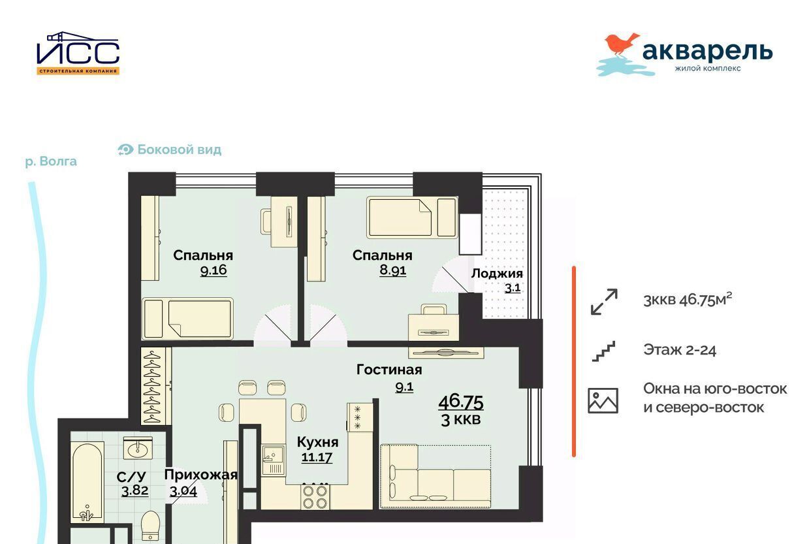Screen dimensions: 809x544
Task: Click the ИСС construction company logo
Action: (78, 53)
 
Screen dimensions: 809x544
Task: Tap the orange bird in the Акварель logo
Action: (620, 44)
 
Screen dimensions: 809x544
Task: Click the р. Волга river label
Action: (51, 161)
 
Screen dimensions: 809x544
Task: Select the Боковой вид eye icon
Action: (125, 150)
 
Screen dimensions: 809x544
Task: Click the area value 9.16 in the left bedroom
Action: (214, 270)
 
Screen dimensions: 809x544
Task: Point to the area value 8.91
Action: (392, 270)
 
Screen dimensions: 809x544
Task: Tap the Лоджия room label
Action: (497, 274)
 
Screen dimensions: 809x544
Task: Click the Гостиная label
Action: (389, 370)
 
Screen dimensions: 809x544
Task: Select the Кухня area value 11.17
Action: (317, 457)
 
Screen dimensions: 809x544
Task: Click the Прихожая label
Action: (201, 475)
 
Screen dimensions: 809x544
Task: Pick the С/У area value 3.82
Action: (135, 490)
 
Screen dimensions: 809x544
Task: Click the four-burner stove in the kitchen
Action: (315, 497)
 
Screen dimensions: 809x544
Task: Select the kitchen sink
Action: (273, 460)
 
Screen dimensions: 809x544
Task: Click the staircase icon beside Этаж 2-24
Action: (603, 351)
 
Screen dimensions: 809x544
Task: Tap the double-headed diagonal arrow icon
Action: (604, 302)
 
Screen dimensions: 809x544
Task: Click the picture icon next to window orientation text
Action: (603, 400)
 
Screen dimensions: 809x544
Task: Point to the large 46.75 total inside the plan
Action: (461, 402)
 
